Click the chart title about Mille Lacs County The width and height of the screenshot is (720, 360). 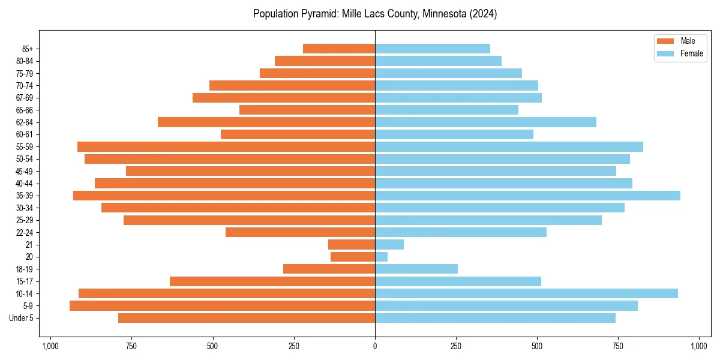pyautogui.click(x=375, y=14)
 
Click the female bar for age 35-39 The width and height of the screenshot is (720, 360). pyautogui.click(x=527, y=196)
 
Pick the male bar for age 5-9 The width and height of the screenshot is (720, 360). pyautogui.click(x=222, y=306)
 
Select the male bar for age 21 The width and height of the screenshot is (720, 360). pyautogui.click(x=352, y=245)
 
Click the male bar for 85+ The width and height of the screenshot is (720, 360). pyautogui.click(x=339, y=49)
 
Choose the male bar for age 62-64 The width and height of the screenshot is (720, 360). pyautogui.click(x=266, y=122)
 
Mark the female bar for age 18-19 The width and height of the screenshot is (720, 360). pyautogui.click(x=416, y=269)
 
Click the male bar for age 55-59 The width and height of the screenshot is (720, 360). pyautogui.click(x=226, y=147)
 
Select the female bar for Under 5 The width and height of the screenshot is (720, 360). pyautogui.click(x=495, y=318)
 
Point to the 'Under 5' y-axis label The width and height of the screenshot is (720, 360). pyautogui.click(x=22, y=318)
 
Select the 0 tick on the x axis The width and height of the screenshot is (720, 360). pyautogui.click(x=375, y=346)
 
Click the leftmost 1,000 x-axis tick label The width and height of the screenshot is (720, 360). pyautogui.click(x=50, y=346)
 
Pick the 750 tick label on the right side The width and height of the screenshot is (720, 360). pyautogui.click(x=618, y=346)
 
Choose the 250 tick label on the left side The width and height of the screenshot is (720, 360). pyautogui.click(x=294, y=346)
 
